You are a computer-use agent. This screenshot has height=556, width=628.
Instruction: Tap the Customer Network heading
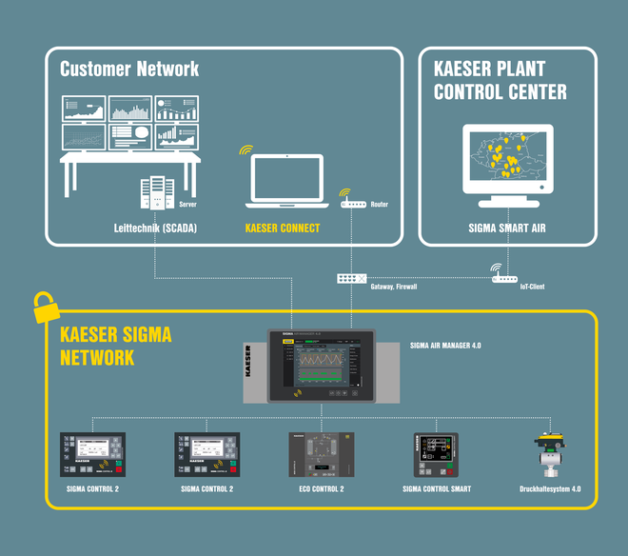tap(129, 69)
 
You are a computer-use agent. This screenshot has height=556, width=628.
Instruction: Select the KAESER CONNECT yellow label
tap(283, 228)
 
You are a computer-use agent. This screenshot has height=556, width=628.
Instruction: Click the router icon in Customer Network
tap(352, 204)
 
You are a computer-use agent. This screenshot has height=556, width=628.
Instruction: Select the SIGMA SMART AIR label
tap(507, 228)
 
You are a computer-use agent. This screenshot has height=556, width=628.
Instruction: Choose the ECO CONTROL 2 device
tap(320, 455)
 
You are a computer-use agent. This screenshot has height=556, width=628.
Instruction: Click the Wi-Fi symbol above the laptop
tap(246, 149)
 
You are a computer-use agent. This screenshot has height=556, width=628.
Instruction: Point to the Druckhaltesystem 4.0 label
tap(550, 489)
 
